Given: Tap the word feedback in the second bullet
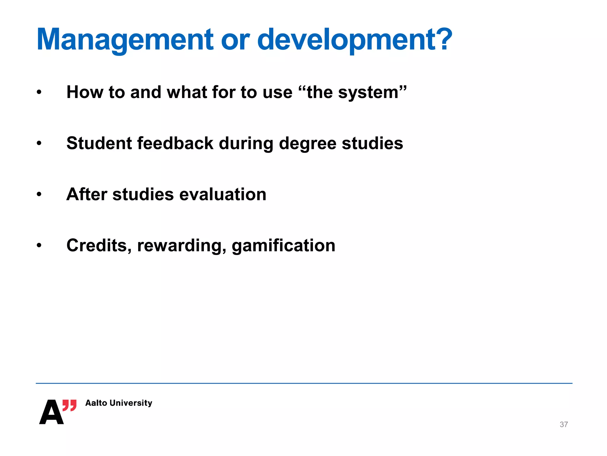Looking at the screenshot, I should (175, 143).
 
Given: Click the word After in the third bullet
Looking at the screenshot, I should (87, 194).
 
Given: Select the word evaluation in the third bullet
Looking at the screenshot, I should (223, 194).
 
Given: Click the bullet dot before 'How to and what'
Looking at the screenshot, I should (39, 92).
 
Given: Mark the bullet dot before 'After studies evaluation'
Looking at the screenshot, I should (39, 195).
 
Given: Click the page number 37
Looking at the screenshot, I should (564, 425).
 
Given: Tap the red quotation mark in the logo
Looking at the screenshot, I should (69, 405).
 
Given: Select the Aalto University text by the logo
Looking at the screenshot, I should (119, 403).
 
